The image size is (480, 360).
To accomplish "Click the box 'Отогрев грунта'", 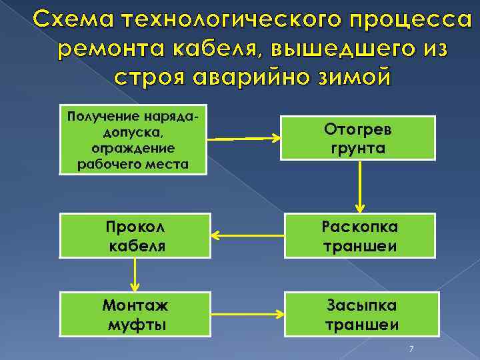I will point(357,138).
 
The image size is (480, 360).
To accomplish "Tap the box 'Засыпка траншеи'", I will point(360,315).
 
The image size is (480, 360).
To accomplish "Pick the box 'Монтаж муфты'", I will point(135,315).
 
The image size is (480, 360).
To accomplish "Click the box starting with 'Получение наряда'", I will point(133,140).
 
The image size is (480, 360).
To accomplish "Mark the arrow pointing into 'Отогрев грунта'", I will point(247,139).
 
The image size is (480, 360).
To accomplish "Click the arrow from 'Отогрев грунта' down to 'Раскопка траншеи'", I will point(360,187).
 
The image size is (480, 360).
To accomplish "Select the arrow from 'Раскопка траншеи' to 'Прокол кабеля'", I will point(247,235).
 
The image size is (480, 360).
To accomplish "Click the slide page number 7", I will point(411,349).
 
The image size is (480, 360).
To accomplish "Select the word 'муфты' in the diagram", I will point(135,325).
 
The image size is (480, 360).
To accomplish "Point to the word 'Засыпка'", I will point(361,305).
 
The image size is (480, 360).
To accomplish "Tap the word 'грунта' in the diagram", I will point(357,147).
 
